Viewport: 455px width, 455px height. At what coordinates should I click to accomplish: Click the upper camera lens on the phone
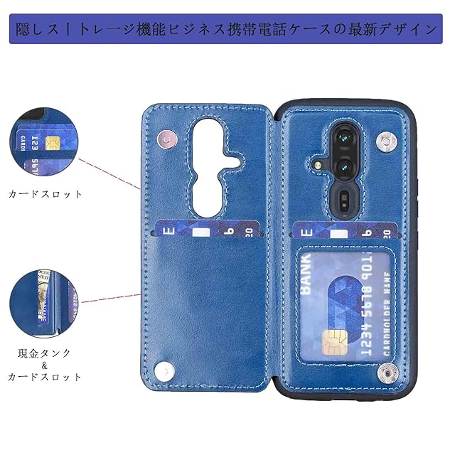pyautogui.click(x=341, y=135)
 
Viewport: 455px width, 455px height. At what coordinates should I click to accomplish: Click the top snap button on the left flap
pyautogui.click(x=165, y=137)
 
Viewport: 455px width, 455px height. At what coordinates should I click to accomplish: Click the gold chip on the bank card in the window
pyautogui.click(x=331, y=343)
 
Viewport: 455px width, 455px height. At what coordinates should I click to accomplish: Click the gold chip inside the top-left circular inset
pyautogui.click(x=52, y=143)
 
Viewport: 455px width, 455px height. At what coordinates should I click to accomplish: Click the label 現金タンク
pyautogui.click(x=45, y=353)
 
